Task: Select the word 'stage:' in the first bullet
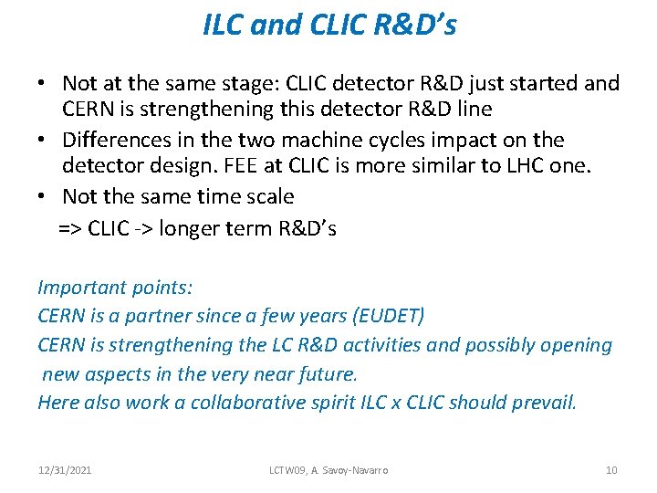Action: (x=248, y=84)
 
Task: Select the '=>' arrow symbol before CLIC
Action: (x=70, y=228)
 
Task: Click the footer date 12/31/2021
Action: (x=66, y=470)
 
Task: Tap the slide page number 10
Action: (x=611, y=470)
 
